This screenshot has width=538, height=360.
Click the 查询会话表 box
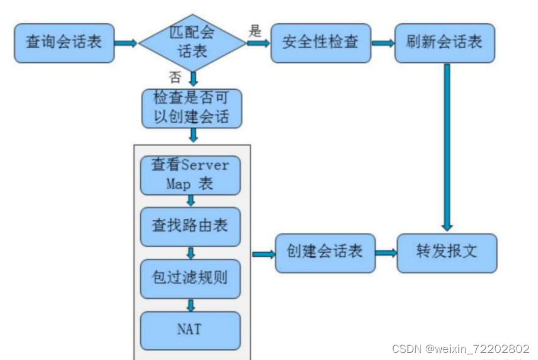[64, 43]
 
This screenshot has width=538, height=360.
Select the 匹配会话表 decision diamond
[192, 43]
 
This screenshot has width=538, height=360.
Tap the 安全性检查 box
[321, 43]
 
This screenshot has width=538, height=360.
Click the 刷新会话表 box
[444, 43]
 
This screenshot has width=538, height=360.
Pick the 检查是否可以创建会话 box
[192, 108]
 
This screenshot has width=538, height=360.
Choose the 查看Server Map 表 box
[191, 175]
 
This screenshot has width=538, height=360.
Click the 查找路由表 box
[191, 226]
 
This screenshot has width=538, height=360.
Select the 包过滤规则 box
[191, 278]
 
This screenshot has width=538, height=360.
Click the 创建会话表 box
[325, 252]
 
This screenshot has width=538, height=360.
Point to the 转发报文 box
[447, 252]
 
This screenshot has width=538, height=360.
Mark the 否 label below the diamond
[175, 77]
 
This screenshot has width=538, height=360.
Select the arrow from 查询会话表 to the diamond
[126, 43]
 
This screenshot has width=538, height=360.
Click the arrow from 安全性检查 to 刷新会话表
[383, 43]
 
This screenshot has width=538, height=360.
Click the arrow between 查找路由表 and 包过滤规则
[191, 252]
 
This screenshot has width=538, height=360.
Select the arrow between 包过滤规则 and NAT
[191, 304]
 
